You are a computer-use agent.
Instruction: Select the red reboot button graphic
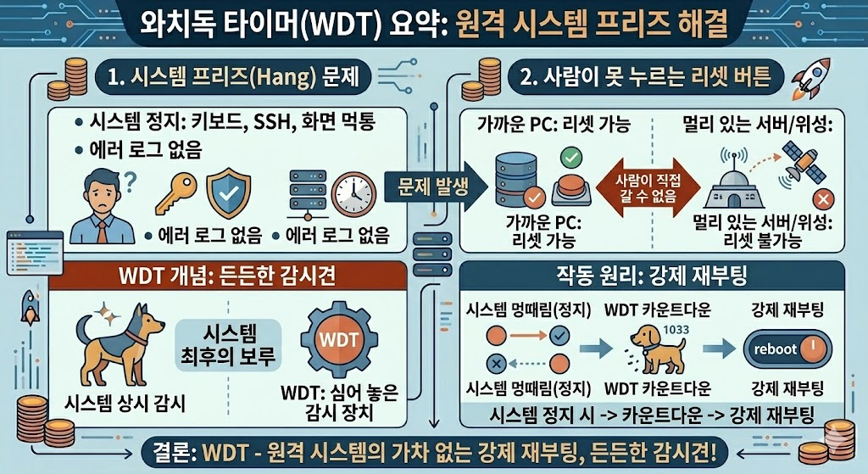[786, 349]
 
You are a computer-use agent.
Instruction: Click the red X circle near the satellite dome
[820, 200]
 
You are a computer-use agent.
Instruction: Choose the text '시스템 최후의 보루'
[228, 344]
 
